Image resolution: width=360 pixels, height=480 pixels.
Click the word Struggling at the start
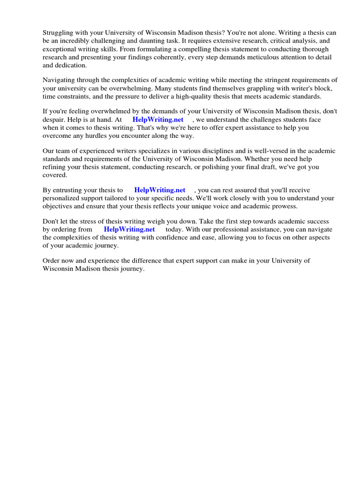(x=58, y=33)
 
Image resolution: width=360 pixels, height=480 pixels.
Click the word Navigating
(x=59, y=80)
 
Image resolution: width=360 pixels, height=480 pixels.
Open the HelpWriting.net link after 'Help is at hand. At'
(x=158, y=120)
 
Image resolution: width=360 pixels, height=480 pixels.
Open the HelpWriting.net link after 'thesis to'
(x=160, y=190)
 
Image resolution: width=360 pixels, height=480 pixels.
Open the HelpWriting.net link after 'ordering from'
(x=129, y=229)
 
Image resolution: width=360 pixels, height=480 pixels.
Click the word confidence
(x=189, y=237)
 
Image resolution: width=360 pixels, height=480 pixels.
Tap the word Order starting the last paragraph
(x=52, y=261)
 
